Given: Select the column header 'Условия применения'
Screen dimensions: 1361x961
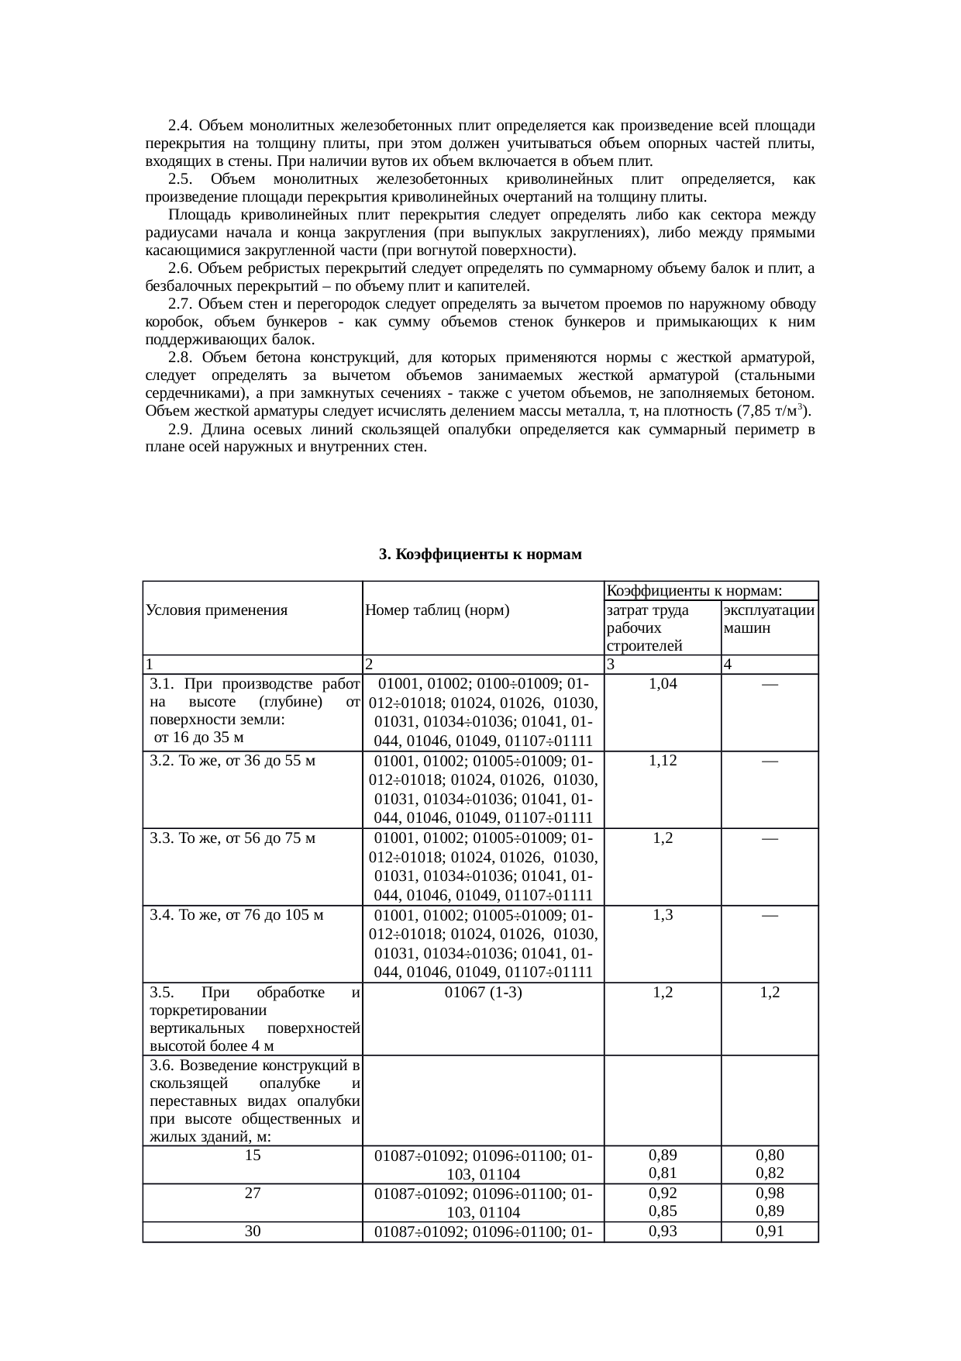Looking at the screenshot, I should pyautogui.click(x=216, y=610).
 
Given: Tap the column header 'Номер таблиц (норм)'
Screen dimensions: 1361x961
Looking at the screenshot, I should pyautogui.click(x=436, y=610).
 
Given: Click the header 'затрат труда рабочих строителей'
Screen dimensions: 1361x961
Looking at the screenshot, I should pyautogui.click(x=648, y=627).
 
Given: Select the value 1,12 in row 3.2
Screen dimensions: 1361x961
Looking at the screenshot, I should pyautogui.click(x=662, y=761).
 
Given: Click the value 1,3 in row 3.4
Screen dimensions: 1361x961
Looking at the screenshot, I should pyautogui.click(x=662, y=914).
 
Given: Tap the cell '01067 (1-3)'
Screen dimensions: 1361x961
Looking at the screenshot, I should pyautogui.click(x=483, y=992).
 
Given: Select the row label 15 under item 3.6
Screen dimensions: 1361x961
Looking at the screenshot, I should pyautogui.click(x=253, y=1155).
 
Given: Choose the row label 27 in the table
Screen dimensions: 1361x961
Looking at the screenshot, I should pyautogui.click(x=253, y=1193).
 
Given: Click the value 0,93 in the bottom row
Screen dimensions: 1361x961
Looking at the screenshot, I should pyautogui.click(x=662, y=1231).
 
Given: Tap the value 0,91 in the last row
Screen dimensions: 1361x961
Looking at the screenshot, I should pyautogui.click(x=769, y=1231).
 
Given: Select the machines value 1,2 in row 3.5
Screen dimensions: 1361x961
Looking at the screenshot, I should pyautogui.click(x=769, y=992).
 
